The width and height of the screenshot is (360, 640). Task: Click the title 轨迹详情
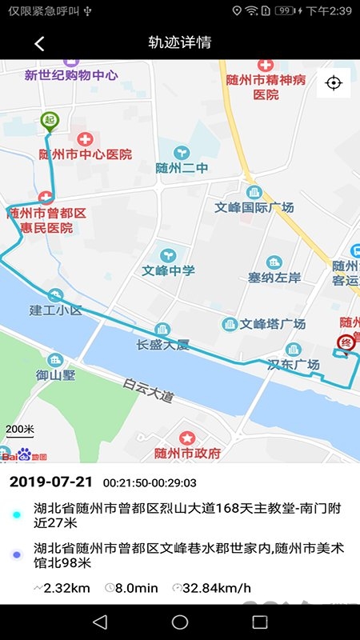click(180, 43)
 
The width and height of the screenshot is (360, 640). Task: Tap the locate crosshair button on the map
click(334, 83)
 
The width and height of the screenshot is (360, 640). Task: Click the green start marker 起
click(50, 121)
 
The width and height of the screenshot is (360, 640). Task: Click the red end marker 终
click(346, 343)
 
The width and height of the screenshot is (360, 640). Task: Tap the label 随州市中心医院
click(86, 154)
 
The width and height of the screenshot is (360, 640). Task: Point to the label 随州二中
click(183, 168)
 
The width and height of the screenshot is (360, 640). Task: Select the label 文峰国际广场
click(254, 207)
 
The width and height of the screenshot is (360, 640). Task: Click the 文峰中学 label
click(169, 270)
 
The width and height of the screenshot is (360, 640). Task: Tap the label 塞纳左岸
click(274, 278)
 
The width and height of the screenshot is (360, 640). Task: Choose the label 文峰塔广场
click(273, 324)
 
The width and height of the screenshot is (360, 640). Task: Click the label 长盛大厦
click(162, 345)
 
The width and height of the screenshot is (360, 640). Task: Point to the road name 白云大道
click(148, 390)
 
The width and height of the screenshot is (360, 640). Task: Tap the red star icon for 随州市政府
click(187, 438)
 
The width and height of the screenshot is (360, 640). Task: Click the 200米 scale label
click(20, 429)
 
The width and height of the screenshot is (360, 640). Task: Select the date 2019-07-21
click(51, 482)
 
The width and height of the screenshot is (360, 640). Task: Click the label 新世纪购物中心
click(71, 75)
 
